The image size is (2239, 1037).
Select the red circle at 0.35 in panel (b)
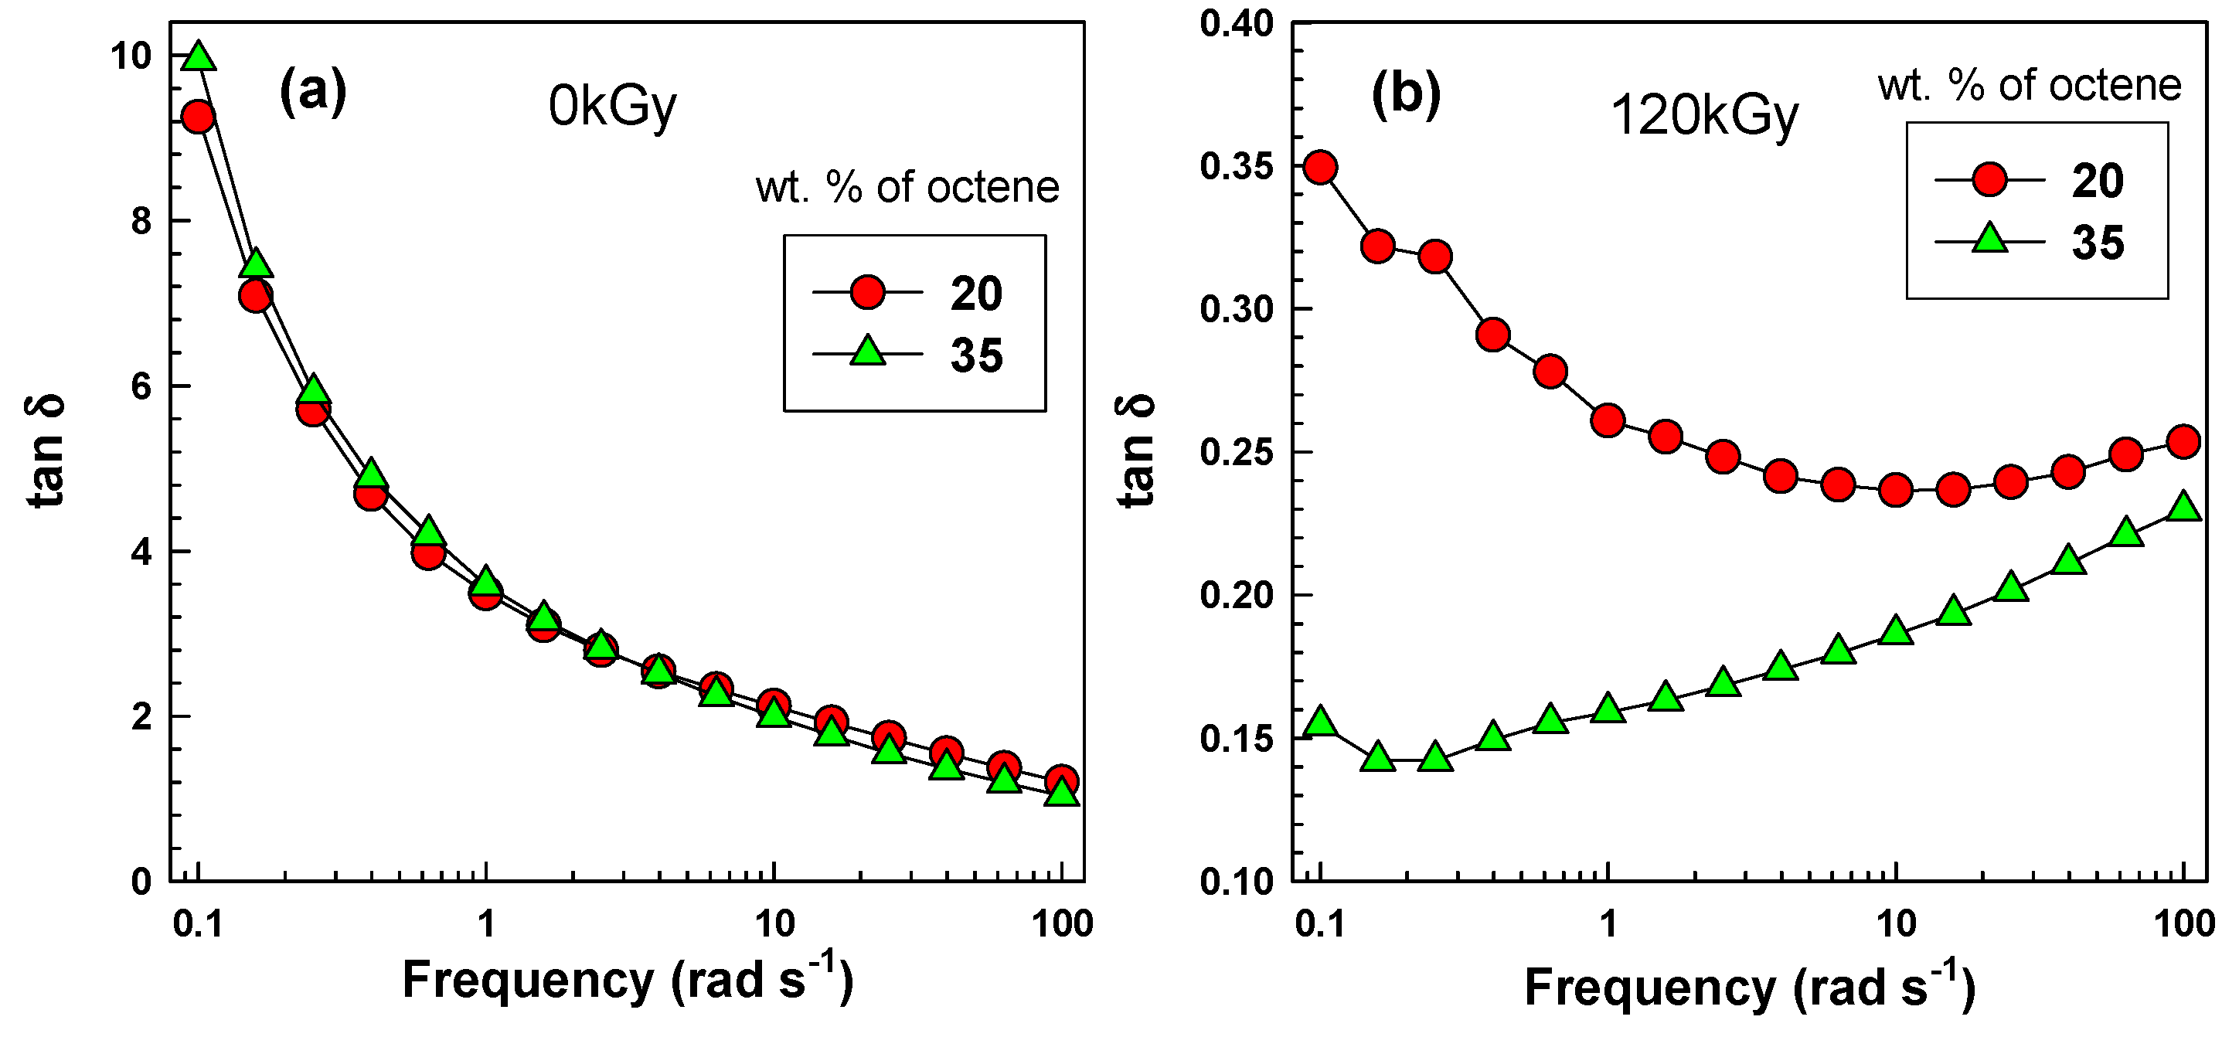click(1320, 167)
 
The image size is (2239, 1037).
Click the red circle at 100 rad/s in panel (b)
click(2183, 441)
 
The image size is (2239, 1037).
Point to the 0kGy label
click(612, 107)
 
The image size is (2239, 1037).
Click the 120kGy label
click(1703, 117)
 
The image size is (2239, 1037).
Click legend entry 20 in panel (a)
click(975, 294)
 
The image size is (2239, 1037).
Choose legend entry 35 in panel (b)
click(2098, 243)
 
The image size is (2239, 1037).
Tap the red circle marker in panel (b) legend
click(1989, 179)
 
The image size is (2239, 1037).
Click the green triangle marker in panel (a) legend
click(867, 352)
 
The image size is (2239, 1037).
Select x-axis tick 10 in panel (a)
click(774, 924)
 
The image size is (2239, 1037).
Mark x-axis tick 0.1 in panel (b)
click(1319, 924)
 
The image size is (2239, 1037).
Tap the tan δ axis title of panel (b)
click(1137, 450)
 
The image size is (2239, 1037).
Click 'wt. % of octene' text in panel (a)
click(907, 188)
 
